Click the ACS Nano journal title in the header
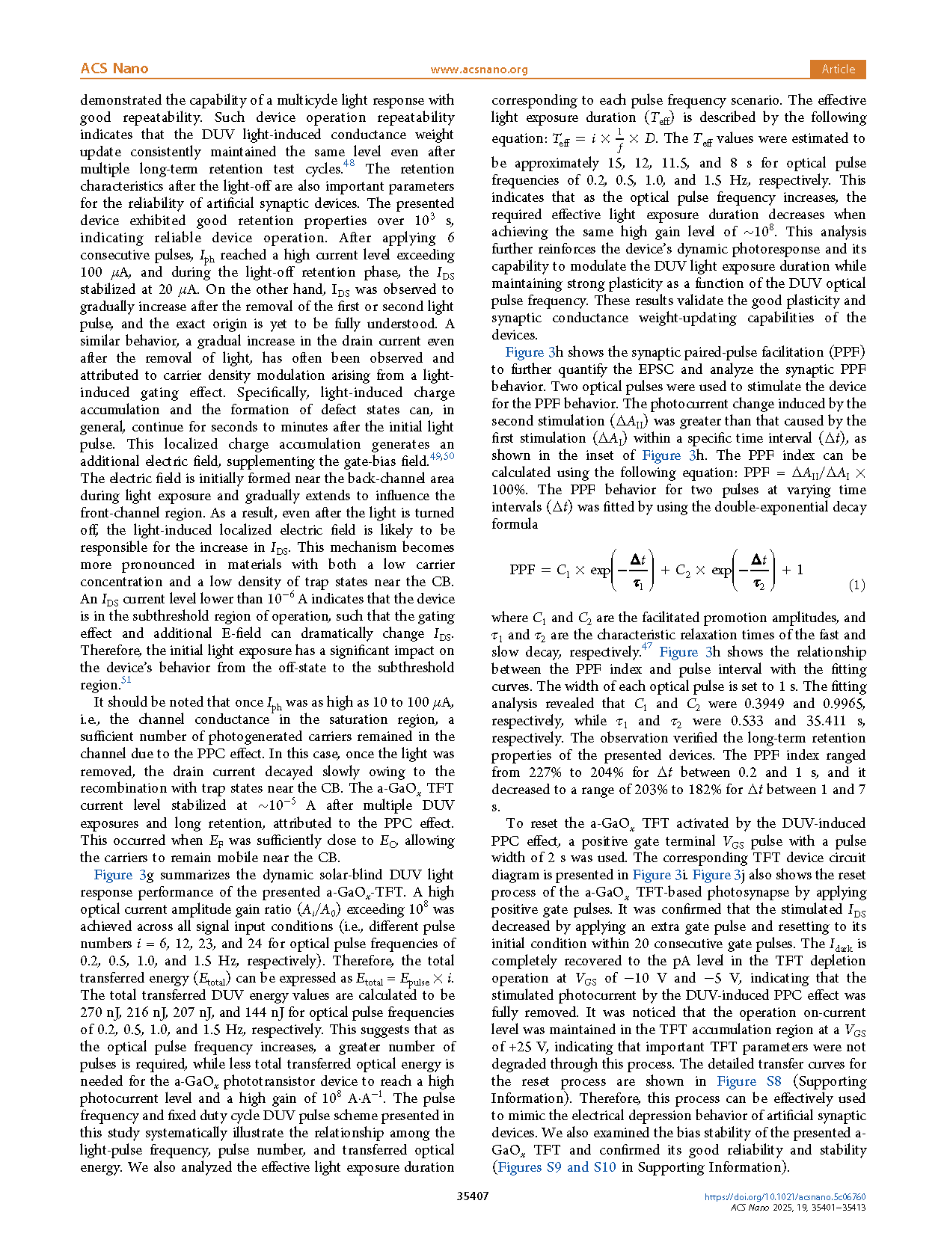coord(114,69)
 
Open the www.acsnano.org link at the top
coord(479,70)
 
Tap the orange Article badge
coord(838,69)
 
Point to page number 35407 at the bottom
coord(473,1196)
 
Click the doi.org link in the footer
coord(785,1196)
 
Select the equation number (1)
coord(856,585)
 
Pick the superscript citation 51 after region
coord(126,680)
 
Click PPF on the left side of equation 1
coord(522,570)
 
